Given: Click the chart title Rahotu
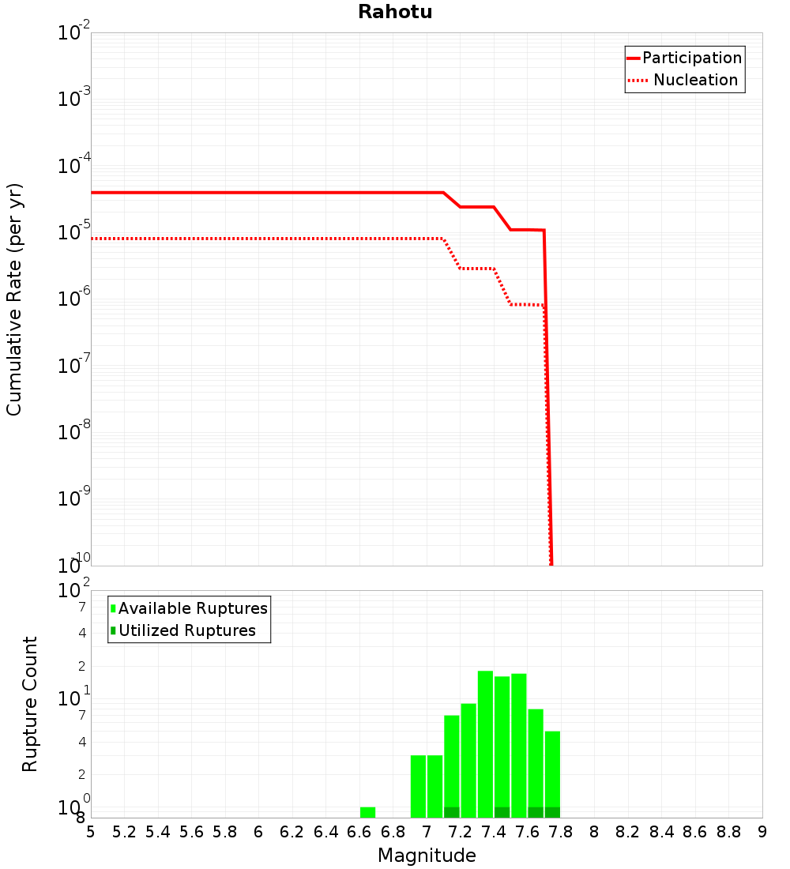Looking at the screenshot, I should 395,12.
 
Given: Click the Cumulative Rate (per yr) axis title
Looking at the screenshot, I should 14,299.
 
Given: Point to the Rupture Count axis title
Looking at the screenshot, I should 30,703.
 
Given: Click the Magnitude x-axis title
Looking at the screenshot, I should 427,856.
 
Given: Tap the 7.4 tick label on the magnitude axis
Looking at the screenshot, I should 494,832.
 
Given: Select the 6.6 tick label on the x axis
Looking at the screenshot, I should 359,832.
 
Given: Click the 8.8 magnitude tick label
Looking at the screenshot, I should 728,832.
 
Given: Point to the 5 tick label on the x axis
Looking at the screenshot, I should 91,832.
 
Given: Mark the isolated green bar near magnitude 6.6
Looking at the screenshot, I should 367,812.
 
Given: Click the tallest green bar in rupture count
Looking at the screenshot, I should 485,743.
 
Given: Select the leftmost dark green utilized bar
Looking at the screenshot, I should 452,812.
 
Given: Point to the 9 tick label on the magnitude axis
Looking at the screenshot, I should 762,832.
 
